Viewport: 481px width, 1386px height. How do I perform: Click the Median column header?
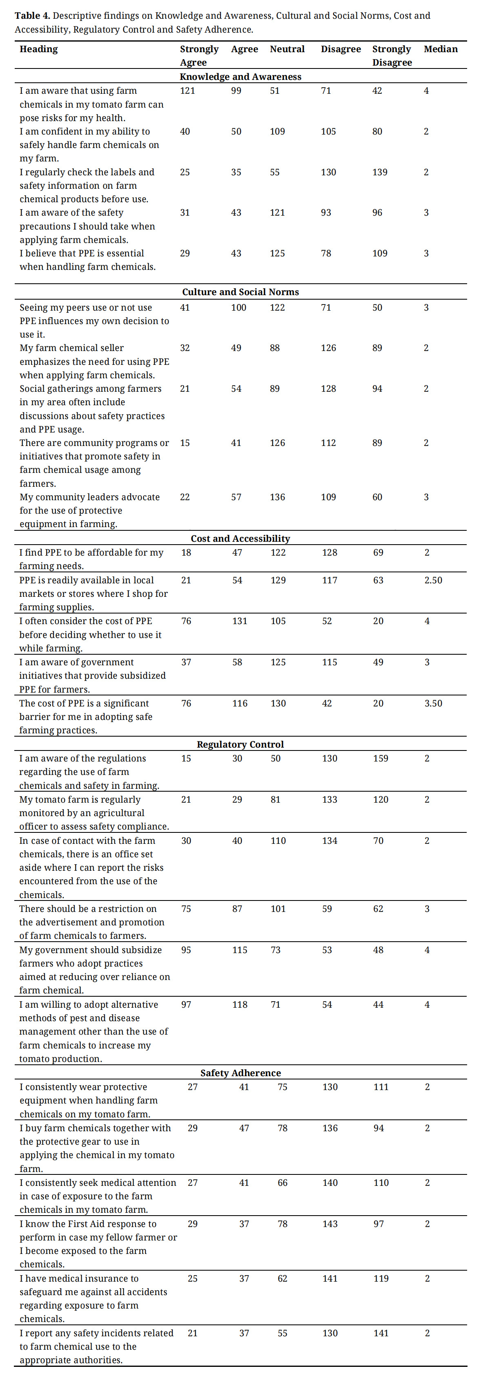[x=440, y=49]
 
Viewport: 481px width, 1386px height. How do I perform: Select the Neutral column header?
[x=287, y=49]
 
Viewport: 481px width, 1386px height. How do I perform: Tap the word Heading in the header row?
[x=38, y=49]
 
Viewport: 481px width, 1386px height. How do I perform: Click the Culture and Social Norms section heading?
[x=240, y=291]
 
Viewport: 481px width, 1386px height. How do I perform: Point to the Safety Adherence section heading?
[x=240, y=1073]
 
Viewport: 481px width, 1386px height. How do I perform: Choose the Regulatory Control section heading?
[x=240, y=744]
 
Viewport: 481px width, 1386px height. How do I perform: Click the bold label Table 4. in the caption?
[x=32, y=15]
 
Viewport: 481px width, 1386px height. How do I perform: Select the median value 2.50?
[x=433, y=580]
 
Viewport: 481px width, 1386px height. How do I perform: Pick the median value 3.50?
[x=433, y=703]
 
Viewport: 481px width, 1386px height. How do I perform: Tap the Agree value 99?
[x=236, y=90]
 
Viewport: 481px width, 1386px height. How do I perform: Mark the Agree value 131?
[x=240, y=621]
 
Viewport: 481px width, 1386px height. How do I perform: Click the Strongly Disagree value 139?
[x=379, y=172]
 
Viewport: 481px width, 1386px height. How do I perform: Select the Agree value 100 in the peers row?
[x=238, y=307]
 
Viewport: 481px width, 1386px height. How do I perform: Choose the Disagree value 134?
[x=329, y=841]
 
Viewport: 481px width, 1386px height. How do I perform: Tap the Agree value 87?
[x=237, y=909]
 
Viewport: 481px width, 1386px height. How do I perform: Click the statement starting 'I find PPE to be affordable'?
[x=91, y=559]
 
